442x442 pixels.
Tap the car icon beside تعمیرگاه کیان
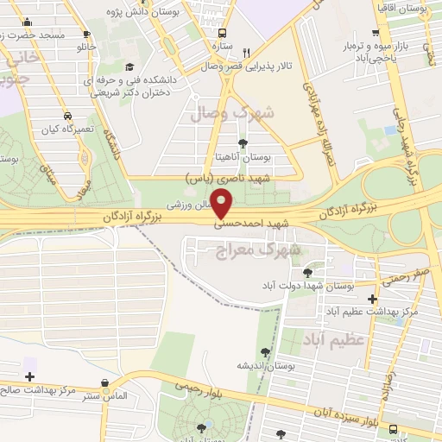(67, 115)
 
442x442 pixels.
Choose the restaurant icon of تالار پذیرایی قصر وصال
(247, 53)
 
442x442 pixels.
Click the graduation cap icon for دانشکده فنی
(129, 66)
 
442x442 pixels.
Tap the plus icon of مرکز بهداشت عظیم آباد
(372, 298)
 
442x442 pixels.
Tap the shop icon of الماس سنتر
(104, 382)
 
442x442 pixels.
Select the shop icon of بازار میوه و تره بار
(376, 35)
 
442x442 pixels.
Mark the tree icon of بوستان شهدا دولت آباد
(307, 272)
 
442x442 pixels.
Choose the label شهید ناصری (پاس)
(228, 177)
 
